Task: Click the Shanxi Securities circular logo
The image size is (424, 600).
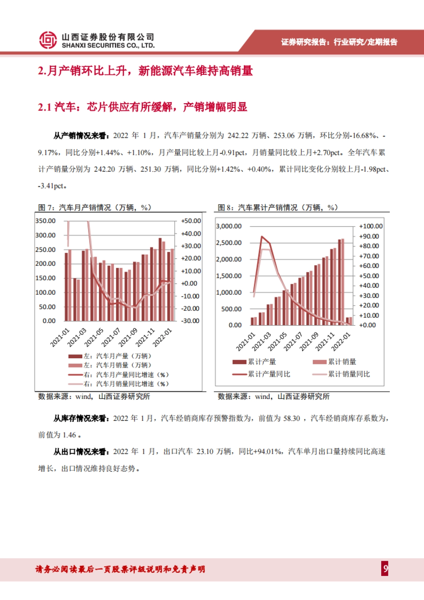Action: pos(48,40)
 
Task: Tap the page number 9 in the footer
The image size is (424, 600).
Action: pos(385,569)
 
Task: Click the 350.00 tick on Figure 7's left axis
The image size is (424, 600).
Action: pos(46,221)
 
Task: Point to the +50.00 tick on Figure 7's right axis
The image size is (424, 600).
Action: pos(191,221)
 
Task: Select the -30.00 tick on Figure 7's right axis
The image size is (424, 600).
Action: pos(190,321)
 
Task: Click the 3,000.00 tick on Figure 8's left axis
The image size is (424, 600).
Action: pos(229,226)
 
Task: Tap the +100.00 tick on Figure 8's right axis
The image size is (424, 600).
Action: pos(371,226)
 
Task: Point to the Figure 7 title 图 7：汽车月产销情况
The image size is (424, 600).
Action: pos(94,207)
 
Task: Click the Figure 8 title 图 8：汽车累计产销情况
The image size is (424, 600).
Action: pos(277,207)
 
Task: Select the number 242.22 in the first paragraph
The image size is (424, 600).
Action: pos(238,136)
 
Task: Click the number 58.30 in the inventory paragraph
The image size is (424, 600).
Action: pos(291,419)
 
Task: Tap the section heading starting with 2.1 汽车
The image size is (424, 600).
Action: pos(142,107)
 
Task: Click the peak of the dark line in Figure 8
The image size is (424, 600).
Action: pos(262,236)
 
